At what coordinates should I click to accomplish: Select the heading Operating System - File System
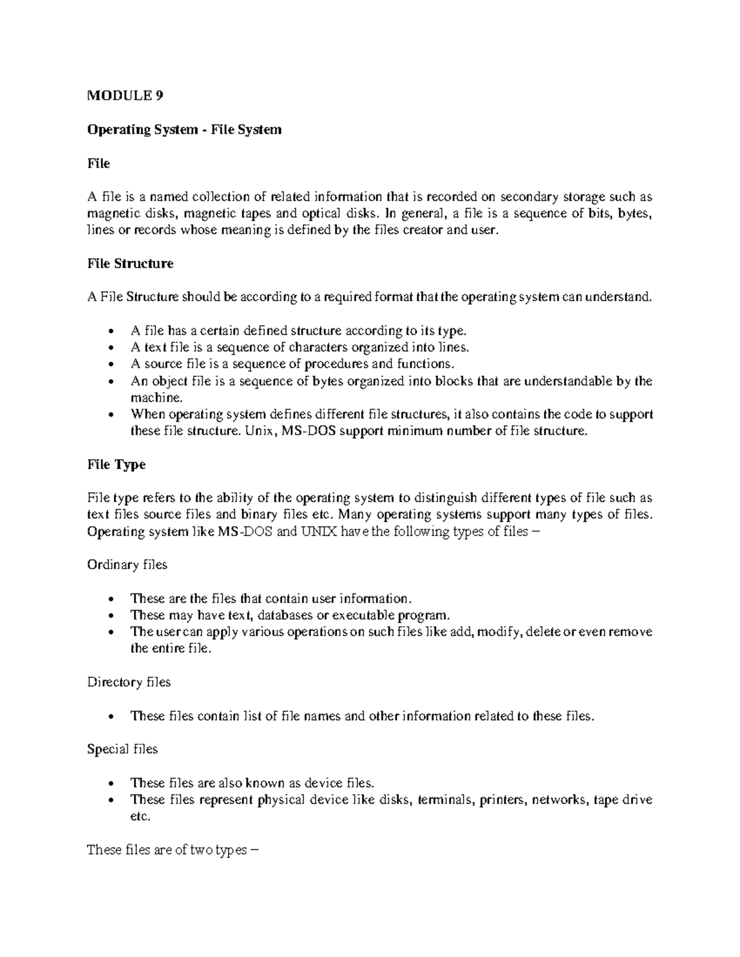[184, 129]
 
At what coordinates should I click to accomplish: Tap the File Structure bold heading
[130, 264]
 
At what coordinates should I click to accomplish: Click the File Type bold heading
[117, 465]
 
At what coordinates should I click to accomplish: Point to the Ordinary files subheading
[127, 565]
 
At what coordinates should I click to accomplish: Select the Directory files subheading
[129, 682]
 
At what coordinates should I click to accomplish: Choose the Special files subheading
[122, 749]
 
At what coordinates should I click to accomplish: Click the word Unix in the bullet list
[257, 431]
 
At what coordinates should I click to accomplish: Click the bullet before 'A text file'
[110, 348]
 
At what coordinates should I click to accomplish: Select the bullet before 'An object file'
[110, 381]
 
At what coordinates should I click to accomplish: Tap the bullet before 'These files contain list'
[110, 717]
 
